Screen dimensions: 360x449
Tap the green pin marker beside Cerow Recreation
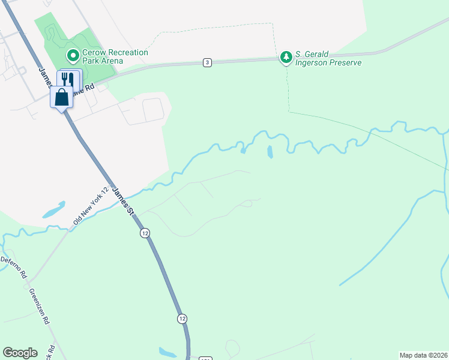click(73, 56)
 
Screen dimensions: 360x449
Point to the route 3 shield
click(207, 62)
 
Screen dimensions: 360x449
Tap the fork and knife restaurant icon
click(69, 80)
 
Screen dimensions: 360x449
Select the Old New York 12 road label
click(90, 205)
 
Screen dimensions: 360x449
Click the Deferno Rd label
click(14, 267)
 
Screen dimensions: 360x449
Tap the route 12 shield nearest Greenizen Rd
click(182, 317)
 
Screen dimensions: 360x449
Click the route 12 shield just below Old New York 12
click(145, 233)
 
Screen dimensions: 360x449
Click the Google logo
click(20, 353)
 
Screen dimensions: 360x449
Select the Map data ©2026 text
click(423, 355)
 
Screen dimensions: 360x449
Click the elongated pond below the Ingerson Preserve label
click(270, 151)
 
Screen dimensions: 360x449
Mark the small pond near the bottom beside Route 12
click(168, 352)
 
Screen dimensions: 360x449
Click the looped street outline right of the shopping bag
click(154, 109)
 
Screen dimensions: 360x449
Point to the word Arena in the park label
click(112, 61)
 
